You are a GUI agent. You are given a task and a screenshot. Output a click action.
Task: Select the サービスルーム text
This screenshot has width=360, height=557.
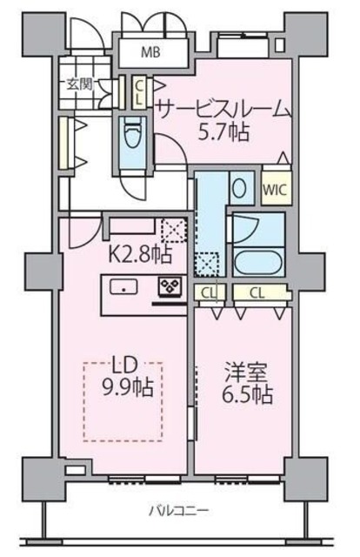[x=222, y=109]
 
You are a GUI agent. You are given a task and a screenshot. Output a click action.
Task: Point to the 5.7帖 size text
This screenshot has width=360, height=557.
[x=223, y=132]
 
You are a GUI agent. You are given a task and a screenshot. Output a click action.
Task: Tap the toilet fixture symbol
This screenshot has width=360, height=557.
[x=134, y=138]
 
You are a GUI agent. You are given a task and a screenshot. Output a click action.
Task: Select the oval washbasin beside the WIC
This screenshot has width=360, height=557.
[x=241, y=188]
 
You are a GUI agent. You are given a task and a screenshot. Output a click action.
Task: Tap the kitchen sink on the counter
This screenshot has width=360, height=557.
[x=123, y=288]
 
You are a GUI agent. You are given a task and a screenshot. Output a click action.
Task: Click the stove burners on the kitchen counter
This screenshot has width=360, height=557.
[x=168, y=288]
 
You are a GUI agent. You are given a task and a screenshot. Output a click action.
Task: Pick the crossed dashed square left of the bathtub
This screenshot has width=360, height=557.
[x=208, y=262]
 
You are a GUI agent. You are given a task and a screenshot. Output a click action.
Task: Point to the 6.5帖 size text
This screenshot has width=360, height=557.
[x=246, y=394]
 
